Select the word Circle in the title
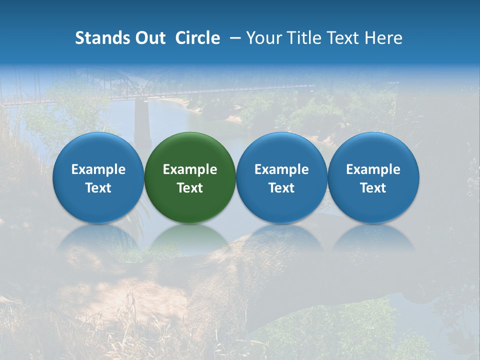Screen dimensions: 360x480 click(x=197, y=38)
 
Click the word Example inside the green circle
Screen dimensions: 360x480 click(x=190, y=169)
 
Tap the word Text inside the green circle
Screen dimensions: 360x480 click(x=190, y=188)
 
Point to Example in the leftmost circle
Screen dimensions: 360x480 click(x=98, y=169)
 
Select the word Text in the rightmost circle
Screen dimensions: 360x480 click(x=373, y=188)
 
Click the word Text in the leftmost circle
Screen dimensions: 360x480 click(x=98, y=188)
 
